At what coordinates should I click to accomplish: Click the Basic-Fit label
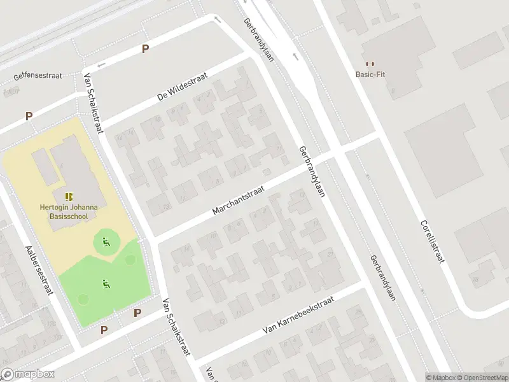click(370, 74)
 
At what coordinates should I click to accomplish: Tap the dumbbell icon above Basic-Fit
click(370, 63)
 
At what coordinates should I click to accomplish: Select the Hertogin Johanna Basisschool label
click(68, 211)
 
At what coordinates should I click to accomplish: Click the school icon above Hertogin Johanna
click(69, 197)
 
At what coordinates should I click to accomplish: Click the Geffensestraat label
click(38, 76)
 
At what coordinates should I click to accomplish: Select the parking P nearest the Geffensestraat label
click(146, 48)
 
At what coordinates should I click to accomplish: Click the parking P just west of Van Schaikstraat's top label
click(29, 116)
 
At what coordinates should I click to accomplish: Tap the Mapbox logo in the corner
click(28, 374)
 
